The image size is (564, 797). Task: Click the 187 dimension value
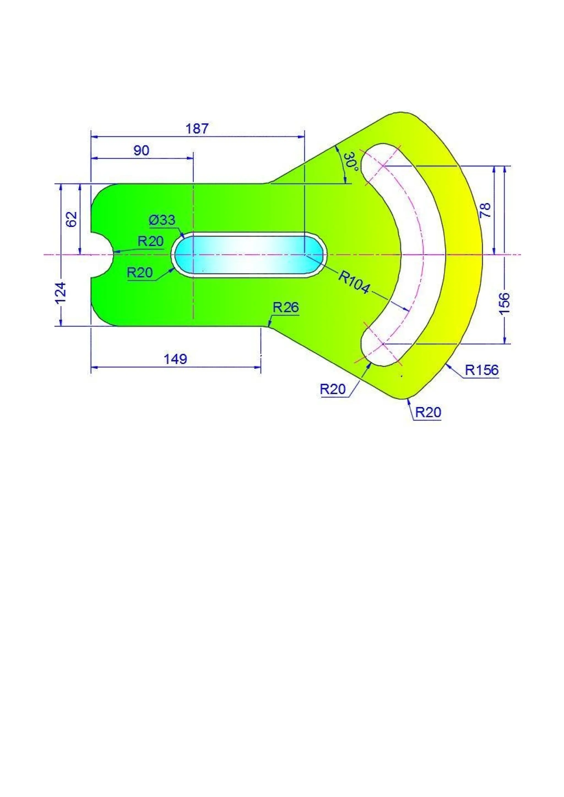pyautogui.click(x=197, y=129)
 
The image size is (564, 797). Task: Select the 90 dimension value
pyautogui.click(x=141, y=151)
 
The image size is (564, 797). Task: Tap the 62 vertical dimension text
pyautogui.click(x=72, y=219)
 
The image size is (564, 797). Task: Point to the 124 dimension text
pyautogui.click(x=61, y=293)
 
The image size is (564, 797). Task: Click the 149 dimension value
pyautogui.click(x=175, y=359)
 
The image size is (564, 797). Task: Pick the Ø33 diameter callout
pyautogui.click(x=162, y=220)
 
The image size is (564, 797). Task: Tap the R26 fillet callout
pyautogui.click(x=286, y=308)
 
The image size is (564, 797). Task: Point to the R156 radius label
pyautogui.click(x=482, y=370)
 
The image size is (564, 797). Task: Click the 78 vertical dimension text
pyautogui.click(x=485, y=210)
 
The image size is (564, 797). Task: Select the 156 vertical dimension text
pyautogui.click(x=505, y=303)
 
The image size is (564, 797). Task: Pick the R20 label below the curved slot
pyautogui.click(x=333, y=389)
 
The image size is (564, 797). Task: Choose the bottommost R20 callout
pyautogui.click(x=428, y=412)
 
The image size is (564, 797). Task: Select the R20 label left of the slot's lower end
pyautogui.click(x=140, y=273)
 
